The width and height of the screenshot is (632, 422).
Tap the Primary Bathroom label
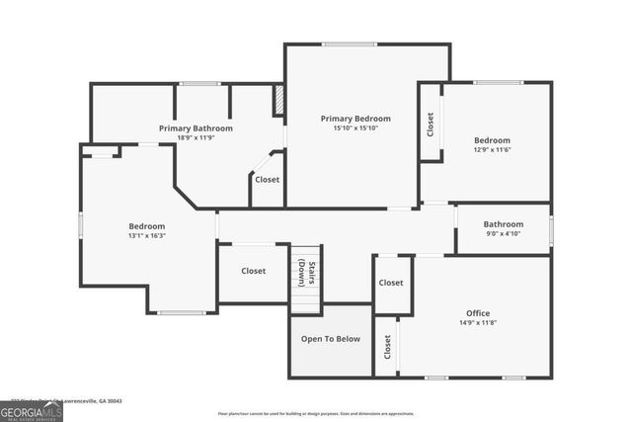pyautogui.click(x=197, y=128)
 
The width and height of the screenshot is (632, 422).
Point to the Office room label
pyautogui.click(x=478, y=311)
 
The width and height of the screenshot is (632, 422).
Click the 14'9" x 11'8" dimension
pyautogui.click(x=478, y=322)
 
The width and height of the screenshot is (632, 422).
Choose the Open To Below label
pyautogui.click(x=331, y=339)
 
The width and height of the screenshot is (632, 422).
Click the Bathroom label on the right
pyautogui.click(x=504, y=224)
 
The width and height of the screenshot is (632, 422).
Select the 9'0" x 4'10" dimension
pyautogui.click(x=504, y=235)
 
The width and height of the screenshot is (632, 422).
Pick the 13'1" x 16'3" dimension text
pyautogui.click(x=146, y=236)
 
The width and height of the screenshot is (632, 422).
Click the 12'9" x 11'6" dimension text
pyautogui.click(x=492, y=150)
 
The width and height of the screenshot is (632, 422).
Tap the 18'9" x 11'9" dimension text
pyautogui.click(x=197, y=138)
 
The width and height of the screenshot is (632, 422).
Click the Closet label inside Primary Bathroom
pyautogui.click(x=267, y=180)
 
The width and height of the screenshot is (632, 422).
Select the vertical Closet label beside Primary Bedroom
pyautogui.click(x=431, y=124)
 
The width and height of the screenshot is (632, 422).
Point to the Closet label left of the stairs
pyautogui.click(x=254, y=271)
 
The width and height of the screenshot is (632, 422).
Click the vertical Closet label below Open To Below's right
pyautogui.click(x=388, y=347)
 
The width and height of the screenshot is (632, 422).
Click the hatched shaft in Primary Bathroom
pyautogui.click(x=278, y=100)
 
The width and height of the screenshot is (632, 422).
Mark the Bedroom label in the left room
pyautogui.click(x=146, y=226)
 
